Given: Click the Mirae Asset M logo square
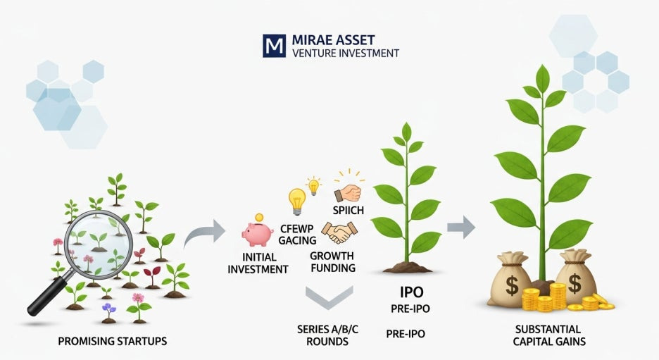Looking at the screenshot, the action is point(272,45).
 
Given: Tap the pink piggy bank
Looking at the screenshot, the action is point(258,232).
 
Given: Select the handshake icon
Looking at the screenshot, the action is point(339,231).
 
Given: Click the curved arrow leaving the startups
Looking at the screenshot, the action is point(205,233).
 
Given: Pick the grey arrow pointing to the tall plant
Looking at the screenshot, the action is point(461,227).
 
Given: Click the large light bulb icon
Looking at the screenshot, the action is point(296,200).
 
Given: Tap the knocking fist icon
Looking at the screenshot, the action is point(347,191).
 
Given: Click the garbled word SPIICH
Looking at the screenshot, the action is point(345,210).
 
